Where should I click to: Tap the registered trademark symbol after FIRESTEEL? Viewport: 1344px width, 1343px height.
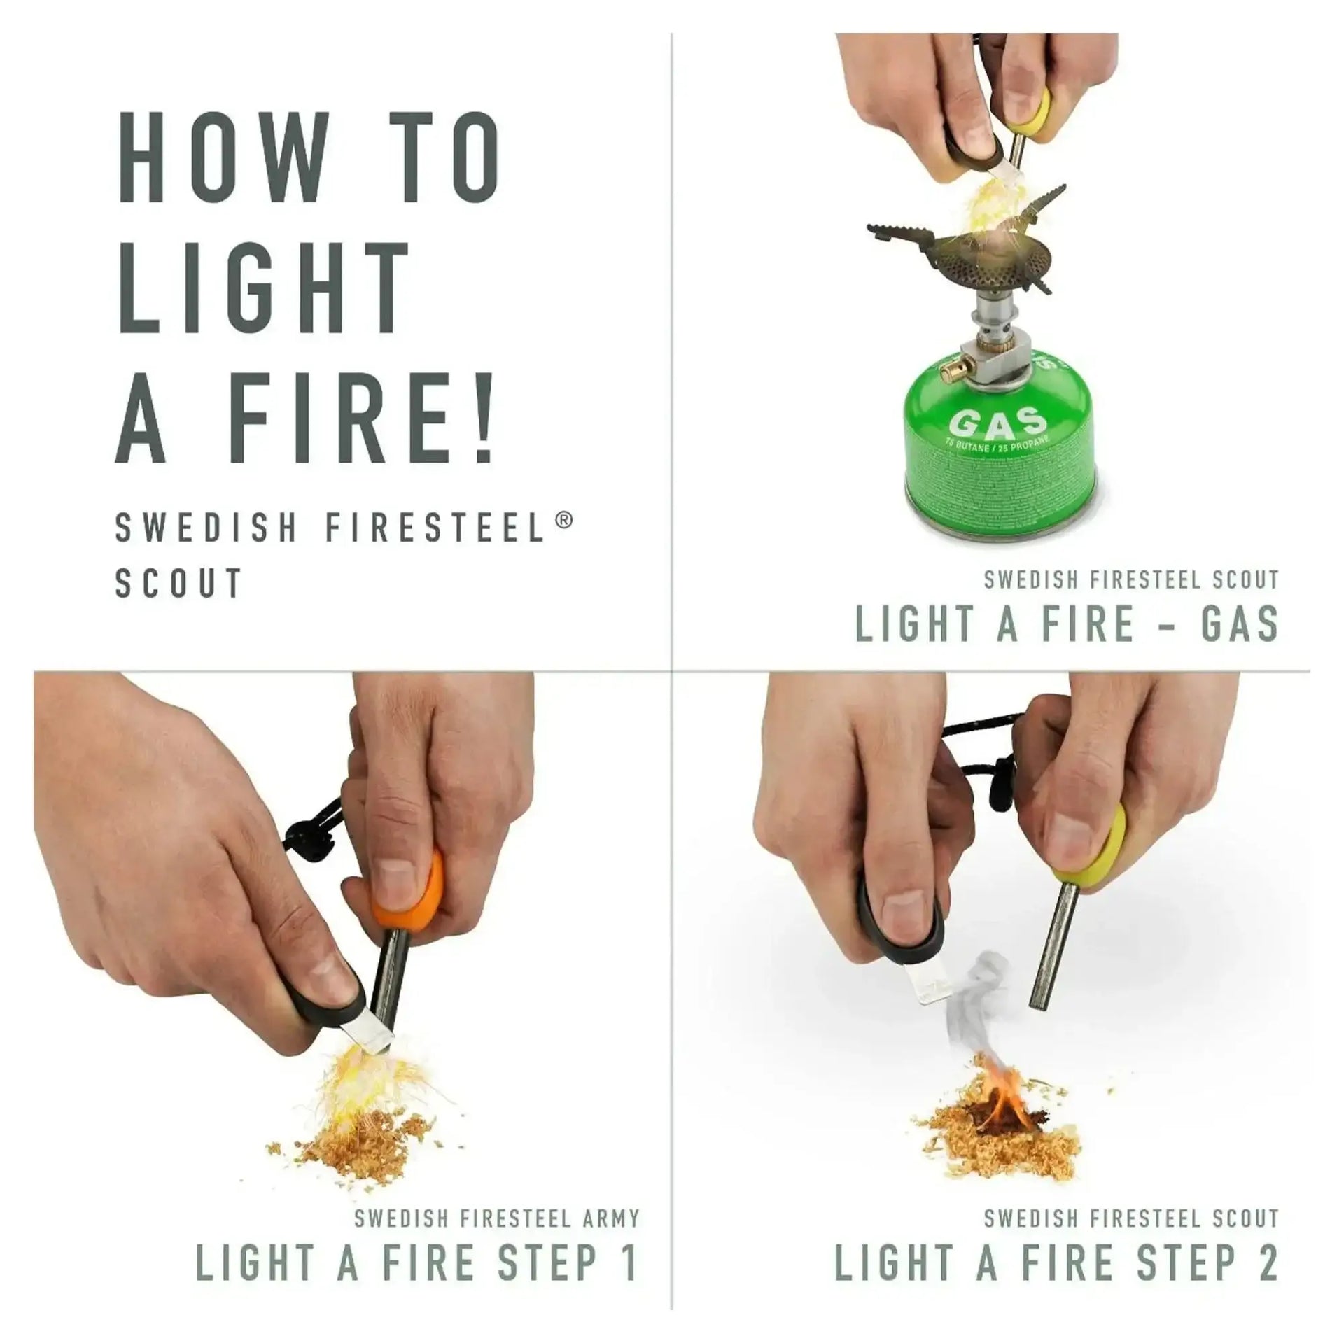click(566, 520)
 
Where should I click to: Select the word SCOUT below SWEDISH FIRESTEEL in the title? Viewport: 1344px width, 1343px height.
click(178, 582)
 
